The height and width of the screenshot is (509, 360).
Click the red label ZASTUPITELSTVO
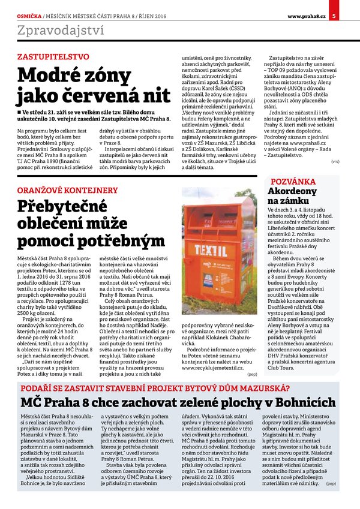53,57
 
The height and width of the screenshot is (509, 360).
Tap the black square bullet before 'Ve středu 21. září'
20,112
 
